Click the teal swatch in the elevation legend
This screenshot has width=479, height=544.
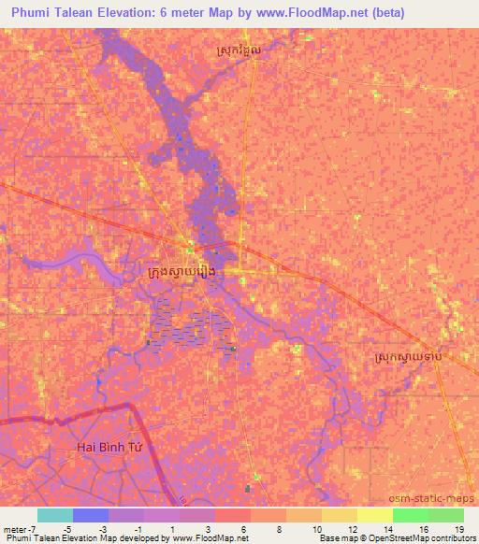[x=55, y=515]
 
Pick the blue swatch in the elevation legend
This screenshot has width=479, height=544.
[x=91, y=515]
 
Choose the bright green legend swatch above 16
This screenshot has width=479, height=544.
[x=411, y=515]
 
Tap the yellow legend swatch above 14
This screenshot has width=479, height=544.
[x=375, y=515]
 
